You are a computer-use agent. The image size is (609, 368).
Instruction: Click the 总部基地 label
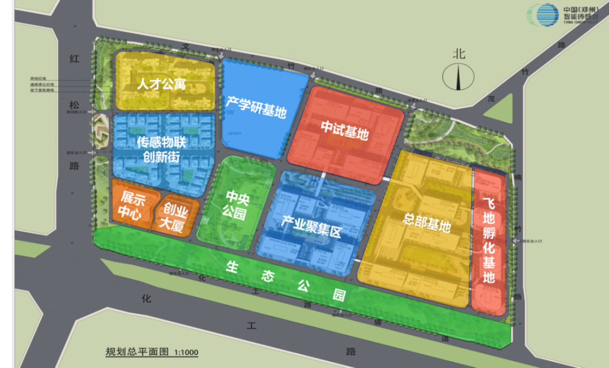coord(427,222)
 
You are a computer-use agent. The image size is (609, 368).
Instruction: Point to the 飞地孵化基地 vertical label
coord(489,241)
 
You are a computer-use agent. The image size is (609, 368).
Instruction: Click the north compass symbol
coord(458,77)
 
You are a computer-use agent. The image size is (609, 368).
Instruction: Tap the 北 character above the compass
coord(459,54)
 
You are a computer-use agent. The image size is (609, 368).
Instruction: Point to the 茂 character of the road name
coord(492,98)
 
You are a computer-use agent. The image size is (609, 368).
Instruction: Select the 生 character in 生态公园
coord(232,268)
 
